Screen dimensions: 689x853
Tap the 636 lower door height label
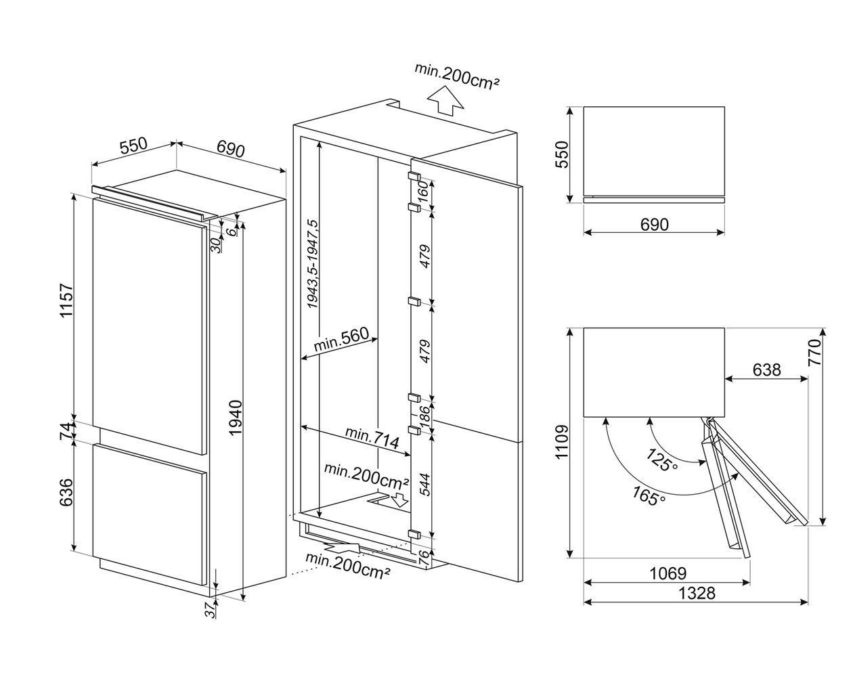pyautogui.click(x=66, y=493)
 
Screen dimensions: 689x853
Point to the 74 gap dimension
pyautogui.click(x=66, y=432)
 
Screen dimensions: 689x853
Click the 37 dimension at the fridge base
pyautogui.click(x=211, y=610)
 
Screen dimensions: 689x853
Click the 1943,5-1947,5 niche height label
pyautogui.click(x=313, y=265)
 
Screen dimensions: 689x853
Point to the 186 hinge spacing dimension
pyautogui.click(x=424, y=414)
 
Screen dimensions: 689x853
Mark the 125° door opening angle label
pyautogui.click(x=661, y=461)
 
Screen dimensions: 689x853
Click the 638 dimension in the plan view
pyautogui.click(x=766, y=370)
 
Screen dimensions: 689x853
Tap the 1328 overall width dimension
pyautogui.click(x=697, y=593)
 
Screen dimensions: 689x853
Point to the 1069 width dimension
pyautogui.click(x=668, y=573)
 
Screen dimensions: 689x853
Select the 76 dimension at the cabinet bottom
pyautogui.click(x=424, y=558)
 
